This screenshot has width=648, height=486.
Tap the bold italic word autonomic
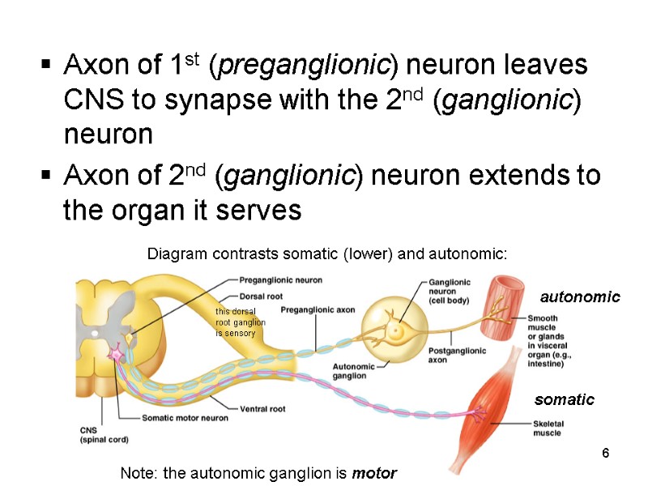click(x=579, y=297)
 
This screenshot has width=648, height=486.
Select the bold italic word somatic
click(x=564, y=399)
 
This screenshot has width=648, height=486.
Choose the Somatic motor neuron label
click(x=185, y=418)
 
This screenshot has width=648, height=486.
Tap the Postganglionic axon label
click(x=456, y=355)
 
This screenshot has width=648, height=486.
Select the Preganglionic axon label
click(x=318, y=310)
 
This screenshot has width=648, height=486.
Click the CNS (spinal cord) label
click(x=104, y=435)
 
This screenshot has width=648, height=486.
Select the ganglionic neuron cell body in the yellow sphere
click(x=394, y=330)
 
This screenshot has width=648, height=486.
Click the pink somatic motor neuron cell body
click(x=117, y=354)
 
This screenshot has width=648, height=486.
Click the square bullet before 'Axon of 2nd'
click(x=47, y=177)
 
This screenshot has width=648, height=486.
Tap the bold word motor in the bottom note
click(x=374, y=473)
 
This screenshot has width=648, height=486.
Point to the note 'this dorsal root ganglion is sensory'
click(x=236, y=322)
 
